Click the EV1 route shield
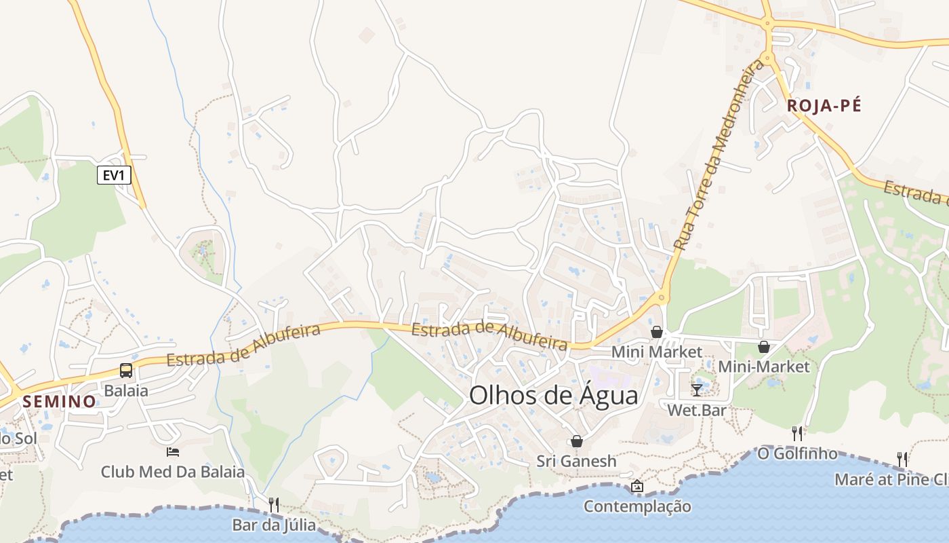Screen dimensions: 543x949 pos(114,175)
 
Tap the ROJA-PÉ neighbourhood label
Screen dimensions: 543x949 pos(824,105)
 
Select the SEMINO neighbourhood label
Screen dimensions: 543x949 pos(60,401)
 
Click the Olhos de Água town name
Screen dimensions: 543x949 pos(554,395)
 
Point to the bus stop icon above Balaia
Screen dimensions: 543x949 pos(126,370)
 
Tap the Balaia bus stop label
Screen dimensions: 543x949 pos(126,390)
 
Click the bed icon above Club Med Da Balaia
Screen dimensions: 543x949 pos(173,451)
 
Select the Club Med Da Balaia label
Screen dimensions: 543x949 pos(173,471)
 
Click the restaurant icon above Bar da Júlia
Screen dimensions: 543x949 pos(274,504)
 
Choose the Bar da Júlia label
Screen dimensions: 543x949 pos(274,525)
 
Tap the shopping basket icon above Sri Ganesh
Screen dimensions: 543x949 pos(577,441)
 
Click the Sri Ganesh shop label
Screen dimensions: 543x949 pos(577,461)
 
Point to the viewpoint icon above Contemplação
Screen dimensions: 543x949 pos(637,486)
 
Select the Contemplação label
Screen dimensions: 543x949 pos(637,506)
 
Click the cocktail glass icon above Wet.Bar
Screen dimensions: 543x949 pos(697,390)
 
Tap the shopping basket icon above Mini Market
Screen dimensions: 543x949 pos(657,332)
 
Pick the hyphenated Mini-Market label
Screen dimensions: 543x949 pos(764,367)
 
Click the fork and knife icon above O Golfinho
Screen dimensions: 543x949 pos(797,432)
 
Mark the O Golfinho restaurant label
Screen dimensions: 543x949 pos(797,453)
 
